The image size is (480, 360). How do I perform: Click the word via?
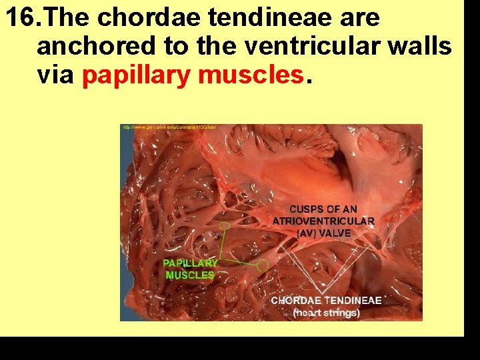tap(55, 76)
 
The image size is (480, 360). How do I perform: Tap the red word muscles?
tap(251, 76)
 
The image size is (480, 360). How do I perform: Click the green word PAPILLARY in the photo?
tap(189, 263)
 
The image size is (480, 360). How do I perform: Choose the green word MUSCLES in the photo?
tap(190, 275)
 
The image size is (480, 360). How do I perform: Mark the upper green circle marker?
tap(225, 226)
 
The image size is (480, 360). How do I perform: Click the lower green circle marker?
tap(263, 265)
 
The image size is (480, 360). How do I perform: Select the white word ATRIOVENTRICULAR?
tap(323, 221)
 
